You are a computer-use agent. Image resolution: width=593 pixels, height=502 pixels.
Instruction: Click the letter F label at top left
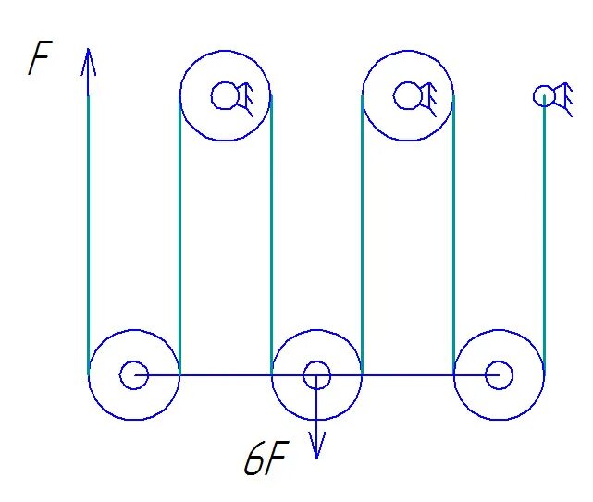(39, 60)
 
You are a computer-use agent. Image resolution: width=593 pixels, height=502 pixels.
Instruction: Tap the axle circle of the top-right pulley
(406, 95)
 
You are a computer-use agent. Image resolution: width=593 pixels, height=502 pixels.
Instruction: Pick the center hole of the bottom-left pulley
(134, 374)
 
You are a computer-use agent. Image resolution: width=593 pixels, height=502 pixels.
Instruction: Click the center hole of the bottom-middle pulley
(317, 374)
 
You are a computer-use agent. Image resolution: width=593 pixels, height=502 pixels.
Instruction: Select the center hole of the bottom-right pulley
(500, 374)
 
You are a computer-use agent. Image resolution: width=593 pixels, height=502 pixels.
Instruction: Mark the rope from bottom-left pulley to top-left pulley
(179, 231)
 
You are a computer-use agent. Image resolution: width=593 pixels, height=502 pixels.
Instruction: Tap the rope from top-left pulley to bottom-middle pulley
(271, 231)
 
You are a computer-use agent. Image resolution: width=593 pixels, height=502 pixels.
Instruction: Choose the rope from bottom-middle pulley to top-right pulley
(362, 231)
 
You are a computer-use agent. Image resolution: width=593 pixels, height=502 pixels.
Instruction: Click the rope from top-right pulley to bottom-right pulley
(453, 231)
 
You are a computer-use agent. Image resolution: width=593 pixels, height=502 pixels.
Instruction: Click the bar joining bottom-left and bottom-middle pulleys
(222, 374)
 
